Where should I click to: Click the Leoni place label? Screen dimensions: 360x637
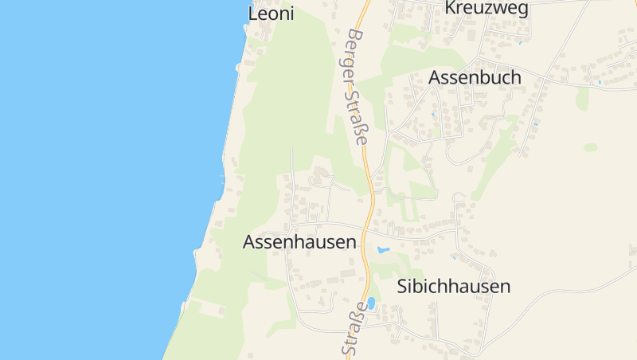tap(271, 14)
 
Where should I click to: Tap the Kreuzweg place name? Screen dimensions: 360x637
tap(487, 8)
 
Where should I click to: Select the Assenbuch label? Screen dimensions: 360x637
tap(475, 77)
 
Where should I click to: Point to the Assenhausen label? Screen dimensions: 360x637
tap(299, 242)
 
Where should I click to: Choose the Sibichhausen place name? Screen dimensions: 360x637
tap(453, 287)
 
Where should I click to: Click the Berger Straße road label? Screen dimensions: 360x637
tap(358, 87)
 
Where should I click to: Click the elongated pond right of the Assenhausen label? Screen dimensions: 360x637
tap(383, 250)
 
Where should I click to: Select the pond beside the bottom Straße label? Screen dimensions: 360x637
tap(371, 303)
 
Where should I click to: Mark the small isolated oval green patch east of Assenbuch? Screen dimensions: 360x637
tap(590, 147)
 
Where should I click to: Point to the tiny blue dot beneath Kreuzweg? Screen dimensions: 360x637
tap(520, 41)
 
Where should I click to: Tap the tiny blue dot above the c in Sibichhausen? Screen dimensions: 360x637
tap(453, 256)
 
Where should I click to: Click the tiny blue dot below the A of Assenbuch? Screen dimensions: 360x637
tap(433, 115)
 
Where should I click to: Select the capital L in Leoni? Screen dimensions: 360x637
tap(253, 14)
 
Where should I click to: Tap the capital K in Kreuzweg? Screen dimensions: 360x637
tap(451, 8)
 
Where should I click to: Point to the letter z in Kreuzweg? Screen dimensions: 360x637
tap(486, 9)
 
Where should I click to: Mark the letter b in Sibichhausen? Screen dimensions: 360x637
tap(424, 287)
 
